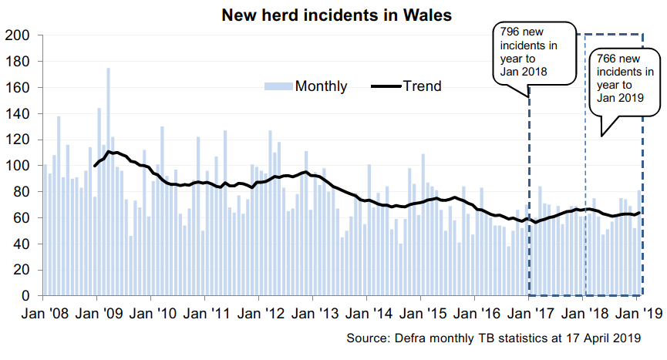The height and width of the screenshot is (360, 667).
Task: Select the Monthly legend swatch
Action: [278, 86]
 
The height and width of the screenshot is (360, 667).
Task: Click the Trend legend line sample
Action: [386, 86]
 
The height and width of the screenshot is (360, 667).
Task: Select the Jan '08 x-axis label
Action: [43, 314]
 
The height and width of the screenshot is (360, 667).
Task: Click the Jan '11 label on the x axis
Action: [205, 314]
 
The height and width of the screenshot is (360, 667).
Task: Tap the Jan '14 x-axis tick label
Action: [367, 314]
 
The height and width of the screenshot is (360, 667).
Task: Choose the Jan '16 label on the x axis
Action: [475, 314]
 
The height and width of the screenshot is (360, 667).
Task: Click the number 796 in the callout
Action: [509, 32]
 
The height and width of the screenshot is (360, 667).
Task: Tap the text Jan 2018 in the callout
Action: [524, 71]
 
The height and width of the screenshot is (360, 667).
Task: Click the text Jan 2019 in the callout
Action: [620, 97]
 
